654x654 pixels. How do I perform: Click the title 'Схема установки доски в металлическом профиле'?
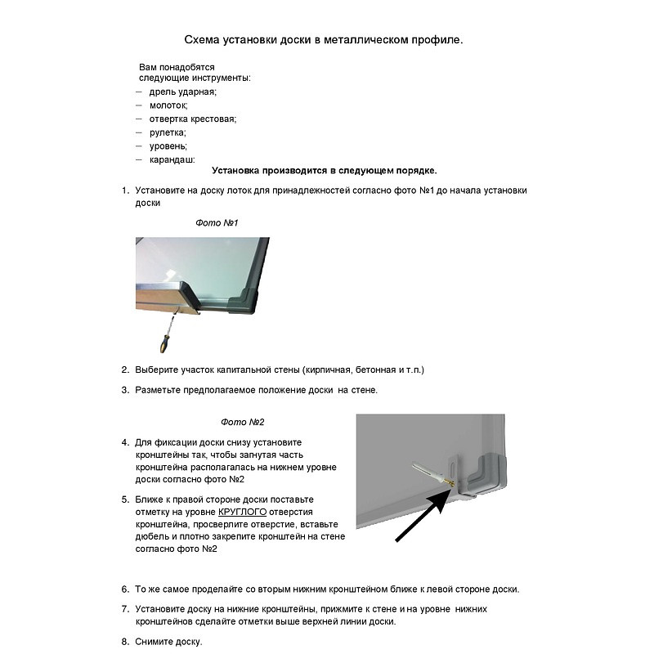point(324,38)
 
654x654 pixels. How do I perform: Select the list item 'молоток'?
point(168,105)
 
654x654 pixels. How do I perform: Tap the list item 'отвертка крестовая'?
point(192,119)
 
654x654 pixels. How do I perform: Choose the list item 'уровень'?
point(168,146)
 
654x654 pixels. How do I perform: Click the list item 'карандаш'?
point(172,159)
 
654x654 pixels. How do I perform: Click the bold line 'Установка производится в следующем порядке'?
point(324,171)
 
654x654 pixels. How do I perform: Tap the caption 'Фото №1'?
point(217,222)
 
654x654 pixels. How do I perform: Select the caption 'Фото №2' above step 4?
point(243,422)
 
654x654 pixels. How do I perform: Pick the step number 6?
point(126,589)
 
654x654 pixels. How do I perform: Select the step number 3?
point(126,390)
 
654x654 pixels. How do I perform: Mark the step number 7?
point(126,608)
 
